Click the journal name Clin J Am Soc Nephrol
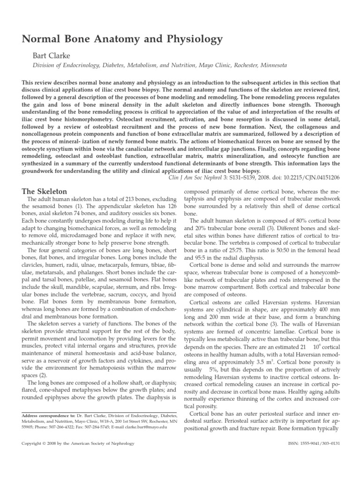point(209,178)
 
